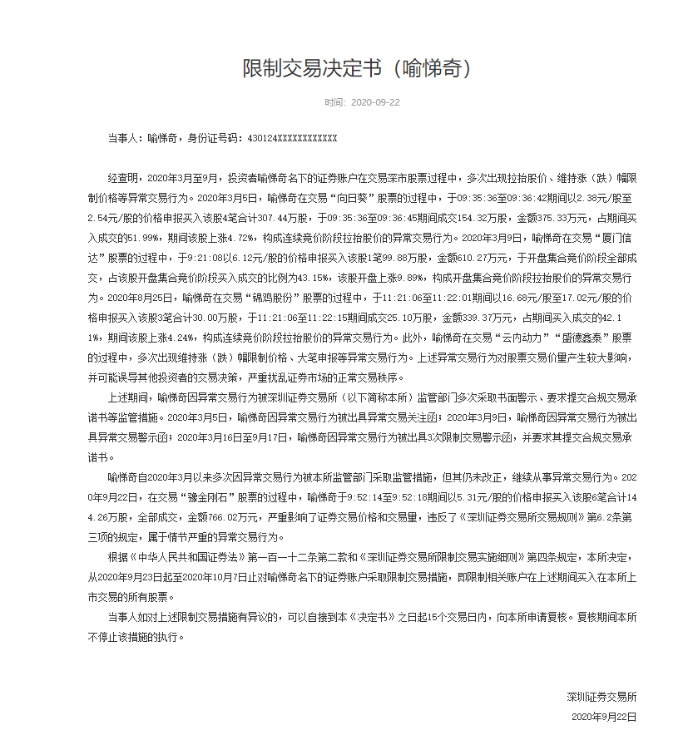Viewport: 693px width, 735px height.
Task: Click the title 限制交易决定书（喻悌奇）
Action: click(x=357, y=68)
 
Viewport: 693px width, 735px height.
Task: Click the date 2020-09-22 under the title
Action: click(x=376, y=102)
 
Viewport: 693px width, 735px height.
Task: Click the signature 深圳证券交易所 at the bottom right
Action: click(x=602, y=696)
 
